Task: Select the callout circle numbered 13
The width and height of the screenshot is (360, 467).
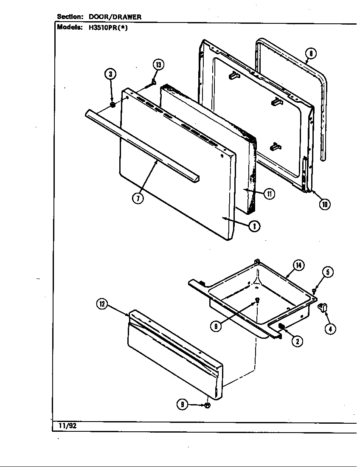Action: point(158,65)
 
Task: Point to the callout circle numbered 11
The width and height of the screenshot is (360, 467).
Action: point(269,194)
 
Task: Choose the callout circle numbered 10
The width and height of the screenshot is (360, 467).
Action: point(325,204)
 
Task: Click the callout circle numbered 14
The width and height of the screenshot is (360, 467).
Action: point(298,265)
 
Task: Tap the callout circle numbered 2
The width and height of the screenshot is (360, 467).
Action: point(297,340)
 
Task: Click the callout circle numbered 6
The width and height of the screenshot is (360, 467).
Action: point(216,326)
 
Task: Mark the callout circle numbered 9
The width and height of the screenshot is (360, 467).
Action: point(182,405)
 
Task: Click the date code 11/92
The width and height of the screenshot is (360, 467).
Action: point(65,425)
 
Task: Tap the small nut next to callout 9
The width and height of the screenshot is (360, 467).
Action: point(207,405)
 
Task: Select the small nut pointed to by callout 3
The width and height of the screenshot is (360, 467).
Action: point(112,104)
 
